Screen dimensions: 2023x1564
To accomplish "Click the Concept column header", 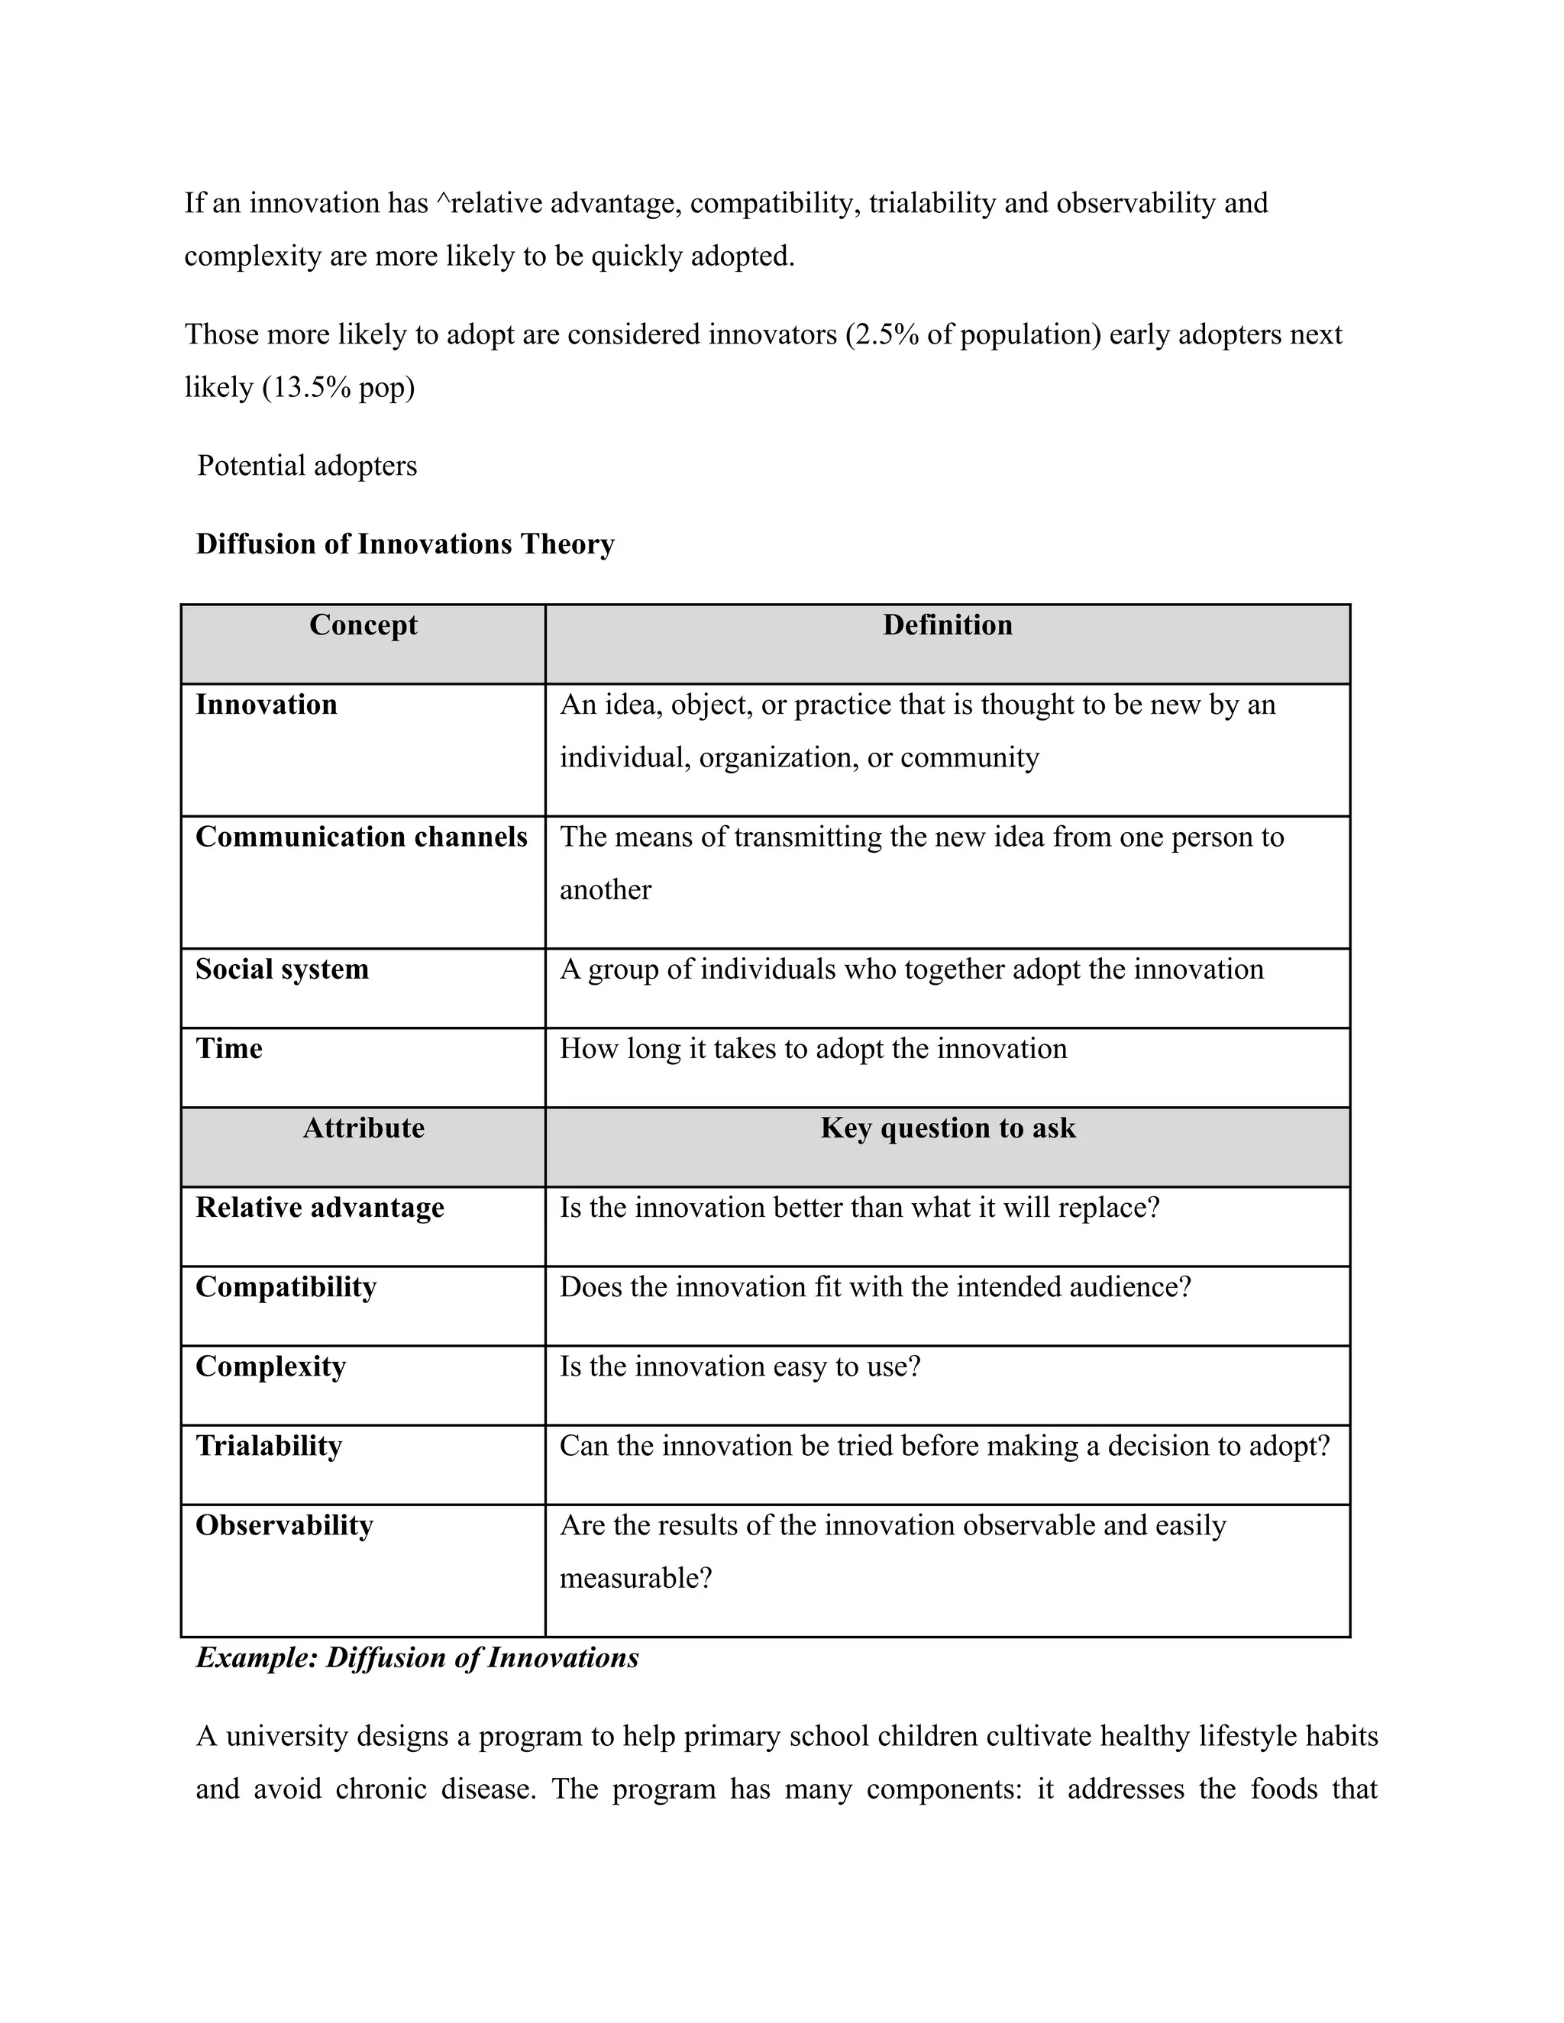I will coord(364,625).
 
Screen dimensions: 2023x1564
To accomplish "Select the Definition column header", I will coord(947,625).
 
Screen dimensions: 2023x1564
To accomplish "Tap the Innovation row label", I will coord(266,705).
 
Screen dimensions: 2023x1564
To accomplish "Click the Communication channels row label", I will coord(361,837).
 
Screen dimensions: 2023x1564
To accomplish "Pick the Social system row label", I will coord(282,970).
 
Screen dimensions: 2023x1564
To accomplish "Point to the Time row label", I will coord(229,1049).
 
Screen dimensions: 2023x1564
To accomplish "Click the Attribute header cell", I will coord(364,1128).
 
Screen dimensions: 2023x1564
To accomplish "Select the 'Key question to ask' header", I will coord(947,1128).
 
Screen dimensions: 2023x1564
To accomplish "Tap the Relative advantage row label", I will coord(320,1208).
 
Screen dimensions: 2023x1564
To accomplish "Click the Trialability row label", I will coord(269,1446).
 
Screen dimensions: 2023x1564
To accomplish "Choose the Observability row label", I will coord(283,1525).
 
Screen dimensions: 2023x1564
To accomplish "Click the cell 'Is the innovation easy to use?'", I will coord(739,1367).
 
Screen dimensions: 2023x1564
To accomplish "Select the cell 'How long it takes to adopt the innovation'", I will coord(813,1049).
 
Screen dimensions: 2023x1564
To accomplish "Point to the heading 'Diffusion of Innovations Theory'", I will coord(405,544).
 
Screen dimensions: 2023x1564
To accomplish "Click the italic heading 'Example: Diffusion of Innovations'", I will coord(417,1657).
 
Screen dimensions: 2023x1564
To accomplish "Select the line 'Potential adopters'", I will coord(307,465).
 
